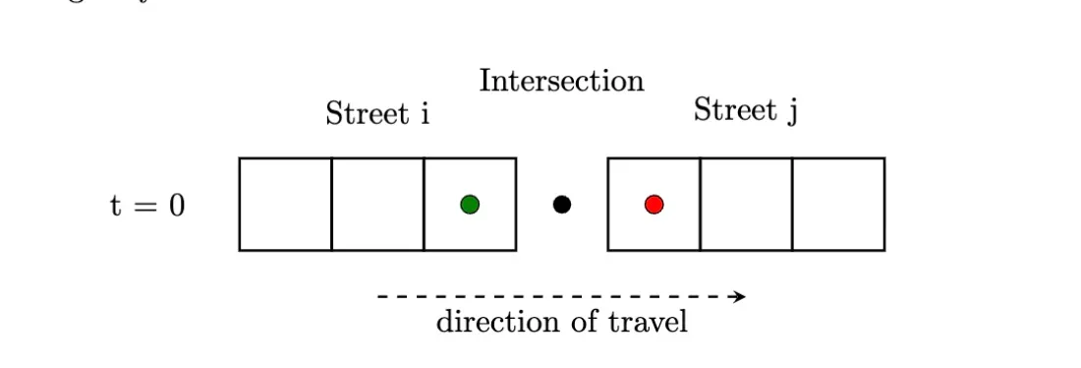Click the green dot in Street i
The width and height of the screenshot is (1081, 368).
pos(470,205)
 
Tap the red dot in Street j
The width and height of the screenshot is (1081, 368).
pos(654,205)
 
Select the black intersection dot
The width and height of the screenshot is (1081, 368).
pos(562,205)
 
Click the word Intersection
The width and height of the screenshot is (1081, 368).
pos(561,81)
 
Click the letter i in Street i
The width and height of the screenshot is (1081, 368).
pos(425,114)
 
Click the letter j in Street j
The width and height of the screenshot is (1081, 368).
pos(792,111)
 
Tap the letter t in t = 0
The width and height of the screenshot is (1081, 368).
pos(115,207)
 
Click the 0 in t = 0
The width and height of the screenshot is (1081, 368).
pos(176,207)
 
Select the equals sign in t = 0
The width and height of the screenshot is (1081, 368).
pos(145,208)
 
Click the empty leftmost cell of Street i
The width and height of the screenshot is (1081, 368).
pos(285,205)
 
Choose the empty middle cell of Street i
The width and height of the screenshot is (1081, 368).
pos(377,205)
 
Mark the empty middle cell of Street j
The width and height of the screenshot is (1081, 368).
pos(746,205)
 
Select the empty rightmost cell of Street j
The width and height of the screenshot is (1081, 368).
pos(838,205)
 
